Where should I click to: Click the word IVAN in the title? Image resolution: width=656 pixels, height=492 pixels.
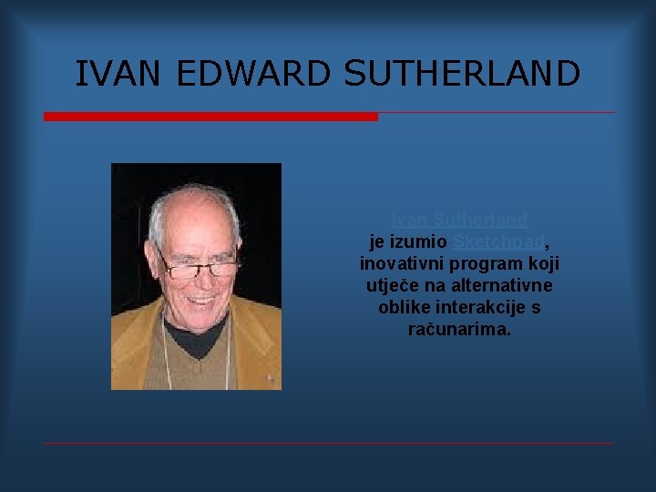[x=119, y=74]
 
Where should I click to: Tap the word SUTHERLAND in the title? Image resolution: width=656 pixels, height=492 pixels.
[x=462, y=74]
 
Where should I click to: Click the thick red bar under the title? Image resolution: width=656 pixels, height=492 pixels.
[x=210, y=117]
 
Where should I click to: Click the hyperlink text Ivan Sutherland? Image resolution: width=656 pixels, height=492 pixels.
[x=459, y=220]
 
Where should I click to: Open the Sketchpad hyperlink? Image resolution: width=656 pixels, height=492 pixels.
[x=498, y=241]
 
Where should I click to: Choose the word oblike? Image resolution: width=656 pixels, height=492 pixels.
[x=403, y=307]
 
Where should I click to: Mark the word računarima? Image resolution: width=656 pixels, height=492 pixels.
[x=459, y=329]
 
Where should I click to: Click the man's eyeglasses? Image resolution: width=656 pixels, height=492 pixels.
[x=198, y=269]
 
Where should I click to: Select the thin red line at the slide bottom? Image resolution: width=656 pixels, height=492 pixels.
[x=328, y=444]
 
